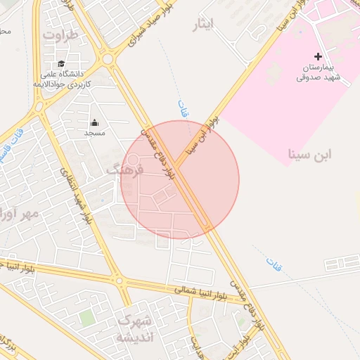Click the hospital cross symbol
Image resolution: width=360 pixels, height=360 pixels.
click(x=318, y=56)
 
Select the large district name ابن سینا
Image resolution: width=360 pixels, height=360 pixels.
click(x=310, y=153)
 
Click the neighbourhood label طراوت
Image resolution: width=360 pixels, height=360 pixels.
click(x=58, y=34)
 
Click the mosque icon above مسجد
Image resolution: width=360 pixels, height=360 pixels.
click(x=95, y=122)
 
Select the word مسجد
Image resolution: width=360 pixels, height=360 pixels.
click(x=95, y=133)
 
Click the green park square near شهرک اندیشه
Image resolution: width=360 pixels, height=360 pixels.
click(x=86, y=319)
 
